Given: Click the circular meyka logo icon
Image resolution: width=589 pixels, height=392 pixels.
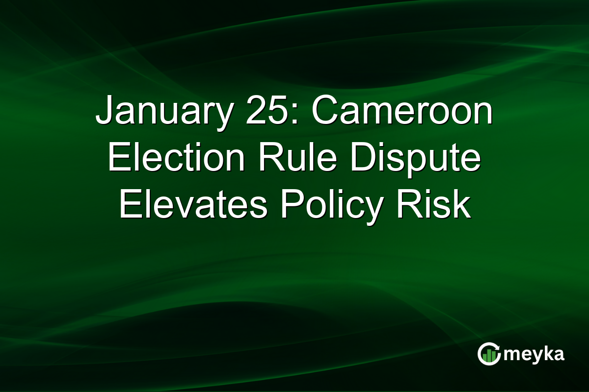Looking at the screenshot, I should click(x=488, y=354).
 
